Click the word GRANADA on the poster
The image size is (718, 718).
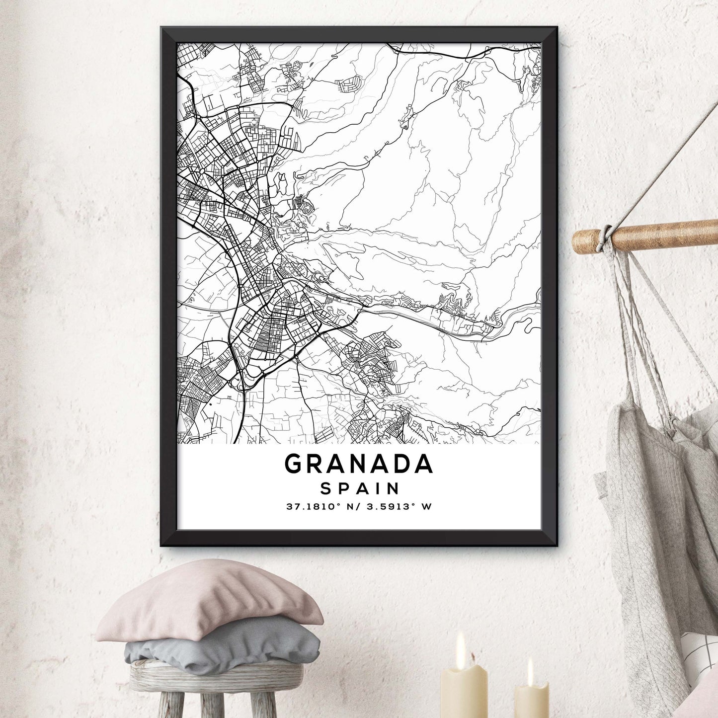(359, 464)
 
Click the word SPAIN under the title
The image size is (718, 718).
(360, 488)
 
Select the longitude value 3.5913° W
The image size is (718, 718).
(399, 507)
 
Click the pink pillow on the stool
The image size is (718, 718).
(209, 601)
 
